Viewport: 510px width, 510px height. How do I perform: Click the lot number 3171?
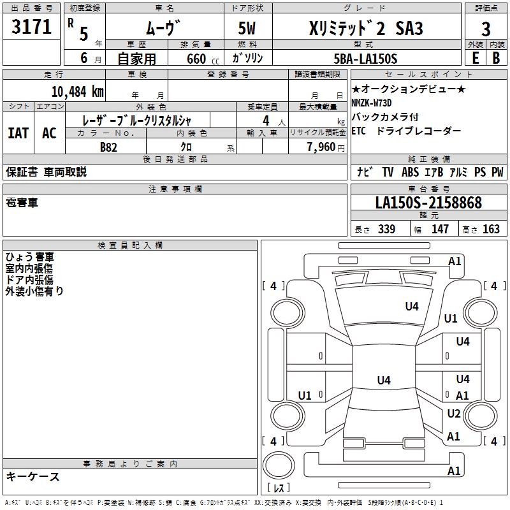[x=32, y=28]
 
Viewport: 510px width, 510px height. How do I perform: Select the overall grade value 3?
[x=486, y=29]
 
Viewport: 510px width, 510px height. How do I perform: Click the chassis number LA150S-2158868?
[x=428, y=203]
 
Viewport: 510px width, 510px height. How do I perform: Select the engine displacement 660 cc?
[x=194, y=59]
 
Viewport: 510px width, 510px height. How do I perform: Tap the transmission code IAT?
[x=18, y=133]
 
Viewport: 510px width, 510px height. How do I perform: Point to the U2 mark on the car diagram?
[x=453, y=414]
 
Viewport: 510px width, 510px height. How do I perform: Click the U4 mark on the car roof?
[x=383, y=381]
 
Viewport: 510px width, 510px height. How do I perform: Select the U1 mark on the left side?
[x=305, y=396]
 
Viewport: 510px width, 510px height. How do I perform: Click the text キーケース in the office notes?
[x=33, y=476]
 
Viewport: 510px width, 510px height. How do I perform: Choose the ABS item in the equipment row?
[x=409, y=172]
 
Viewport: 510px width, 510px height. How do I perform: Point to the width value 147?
[x=441, y=229]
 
